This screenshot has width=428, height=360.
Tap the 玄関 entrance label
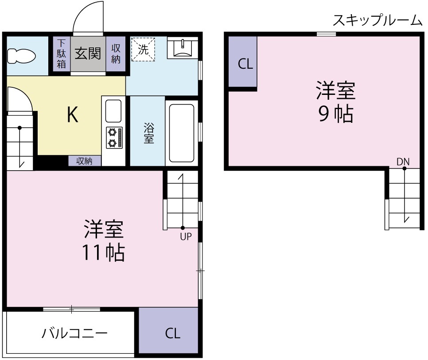click(x=87, y=54)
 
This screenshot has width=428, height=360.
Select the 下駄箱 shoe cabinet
click(x=61, y=54)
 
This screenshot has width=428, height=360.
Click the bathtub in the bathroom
click(x=182, y=133)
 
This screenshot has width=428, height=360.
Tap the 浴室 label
click(x=148, y=133)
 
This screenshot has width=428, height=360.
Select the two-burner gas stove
click(x=113, y=137)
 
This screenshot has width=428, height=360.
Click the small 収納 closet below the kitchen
click(x=85, y=161)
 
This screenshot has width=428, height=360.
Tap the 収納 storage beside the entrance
click(x=116, y=54)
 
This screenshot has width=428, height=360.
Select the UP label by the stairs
click(x=186, y=236)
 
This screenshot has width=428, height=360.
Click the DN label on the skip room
click(x=403, y=161)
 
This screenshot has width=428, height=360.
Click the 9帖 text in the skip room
click(x=335, y=115)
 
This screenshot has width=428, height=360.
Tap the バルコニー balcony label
click(x=74, y=333)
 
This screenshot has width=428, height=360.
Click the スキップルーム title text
click(x=377, y=20)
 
